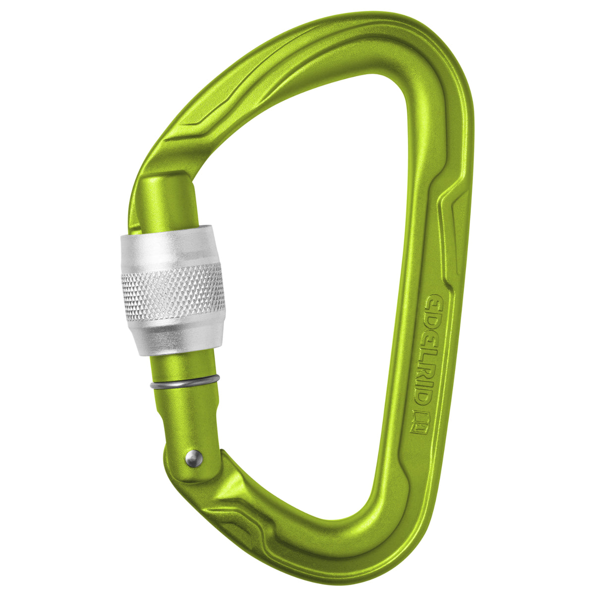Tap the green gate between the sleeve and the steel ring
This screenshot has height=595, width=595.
tap(183, 367)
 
